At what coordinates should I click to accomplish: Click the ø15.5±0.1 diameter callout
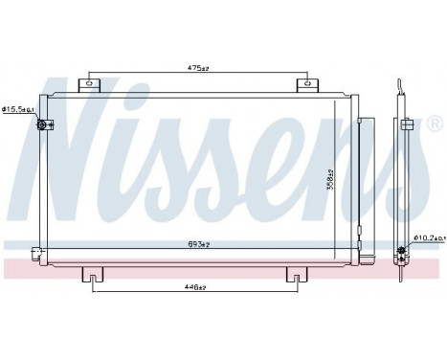[x=16, y=111]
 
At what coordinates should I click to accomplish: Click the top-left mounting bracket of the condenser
[x=91, y=84]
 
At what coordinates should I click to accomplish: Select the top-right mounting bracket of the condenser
[x=307, y=84]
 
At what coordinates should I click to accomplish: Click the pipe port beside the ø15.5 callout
[x=40, y=125]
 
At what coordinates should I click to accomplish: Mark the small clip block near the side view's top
[x=407, y=124]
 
